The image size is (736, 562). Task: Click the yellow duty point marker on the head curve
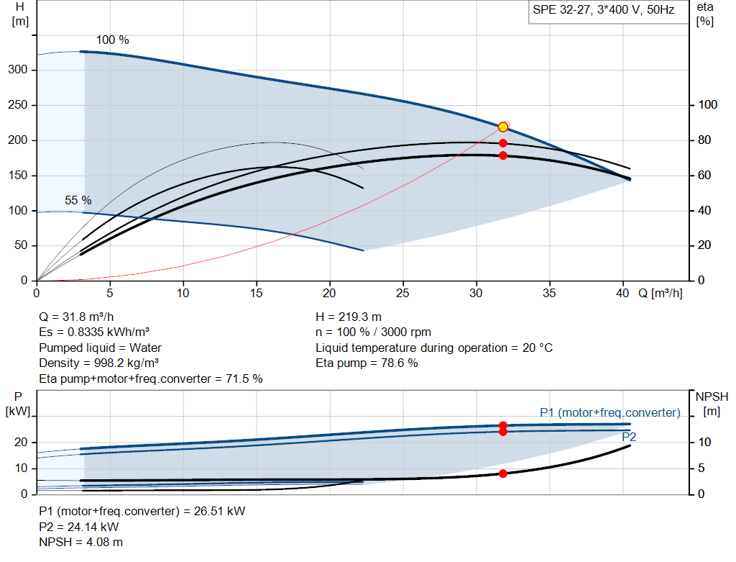click(x=502, y=127)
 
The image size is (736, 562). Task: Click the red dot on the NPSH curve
click(x=502, y=473)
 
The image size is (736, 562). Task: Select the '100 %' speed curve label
click(x=113, y=40)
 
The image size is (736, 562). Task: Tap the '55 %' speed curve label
click(x=78, y=200)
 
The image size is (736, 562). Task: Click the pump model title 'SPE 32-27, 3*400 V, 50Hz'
click(x=603, y=10)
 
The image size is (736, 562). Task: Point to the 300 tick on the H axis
click(x=18, y=70)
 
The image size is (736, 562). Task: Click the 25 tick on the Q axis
click(x=402, y=293)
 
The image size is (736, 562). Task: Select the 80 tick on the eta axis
click(x=704, y=140)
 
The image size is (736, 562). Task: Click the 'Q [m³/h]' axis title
click(x=661, y=293)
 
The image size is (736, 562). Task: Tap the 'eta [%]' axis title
click(x=705, y=14)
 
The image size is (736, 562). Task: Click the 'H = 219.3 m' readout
click(x=349, y=317)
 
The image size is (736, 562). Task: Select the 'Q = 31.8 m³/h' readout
click(x=76, y=317)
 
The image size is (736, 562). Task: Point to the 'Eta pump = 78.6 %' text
click(x=367, y=363)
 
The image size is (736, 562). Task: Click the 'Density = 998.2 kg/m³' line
click(x=98, y=363)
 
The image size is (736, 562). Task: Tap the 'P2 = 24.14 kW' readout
click(x=79, y=527)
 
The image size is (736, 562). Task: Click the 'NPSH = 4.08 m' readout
click(x=80, y=543)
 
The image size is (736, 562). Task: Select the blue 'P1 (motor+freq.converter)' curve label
click(x=609, y=412)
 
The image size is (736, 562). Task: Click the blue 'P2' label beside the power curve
click(x=628, y=437)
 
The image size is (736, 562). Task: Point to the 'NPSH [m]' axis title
click(x=712, y=404)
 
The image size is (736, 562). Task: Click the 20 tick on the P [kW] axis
click(x=21, y=442)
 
